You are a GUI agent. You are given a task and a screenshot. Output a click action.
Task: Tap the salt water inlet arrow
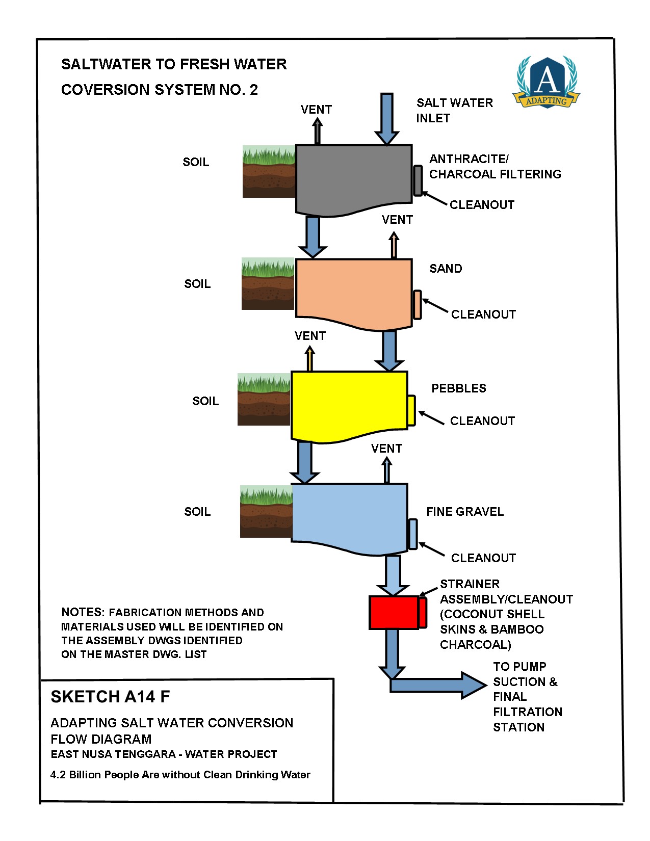(x=387, y=119)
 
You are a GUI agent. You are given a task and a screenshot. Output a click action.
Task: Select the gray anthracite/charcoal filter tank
(x=354, y=178)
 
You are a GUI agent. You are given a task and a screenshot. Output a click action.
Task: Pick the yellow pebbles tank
(x=349, y=405)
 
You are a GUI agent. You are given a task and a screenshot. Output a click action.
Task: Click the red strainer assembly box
(x=394, y=612)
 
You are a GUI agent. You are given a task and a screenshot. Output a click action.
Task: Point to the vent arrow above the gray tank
(x=317, y=130)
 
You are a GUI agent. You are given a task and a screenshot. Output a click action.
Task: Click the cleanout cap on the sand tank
(x=417, y=305)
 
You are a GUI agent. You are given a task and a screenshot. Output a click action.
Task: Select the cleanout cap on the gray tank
(x=418, y=180)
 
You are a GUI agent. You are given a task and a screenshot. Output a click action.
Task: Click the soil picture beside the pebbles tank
(x=264, y=400)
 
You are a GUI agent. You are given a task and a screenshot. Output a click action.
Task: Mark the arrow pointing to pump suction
(x=438, y=685)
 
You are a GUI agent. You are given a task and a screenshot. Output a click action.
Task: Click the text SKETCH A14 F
(x=110, y=697)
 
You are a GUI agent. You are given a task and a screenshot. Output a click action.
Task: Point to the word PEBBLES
(x=458, y=388)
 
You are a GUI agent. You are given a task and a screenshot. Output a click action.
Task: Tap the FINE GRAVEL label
(x=464, y=512)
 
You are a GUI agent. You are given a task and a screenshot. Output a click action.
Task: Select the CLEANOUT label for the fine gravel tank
(x=483, y=558)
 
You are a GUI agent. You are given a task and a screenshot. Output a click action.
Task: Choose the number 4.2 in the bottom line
(x=58, y=775)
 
